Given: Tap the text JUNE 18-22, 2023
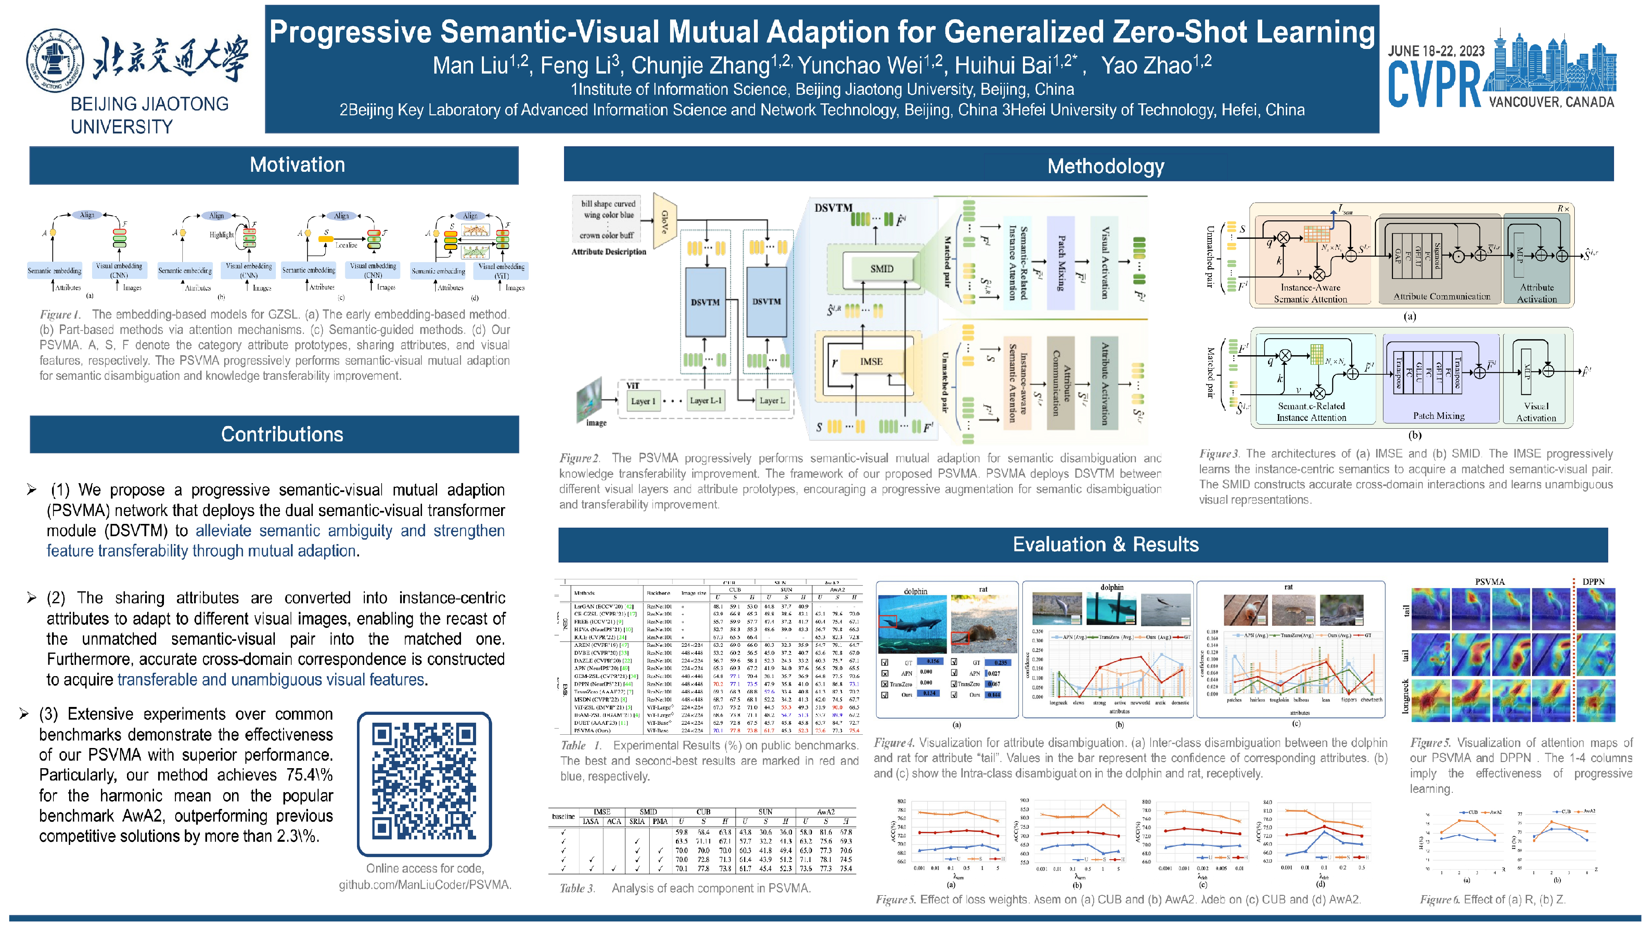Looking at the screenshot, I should pos(1436,51).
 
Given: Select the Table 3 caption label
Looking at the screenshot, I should pos(577,888).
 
